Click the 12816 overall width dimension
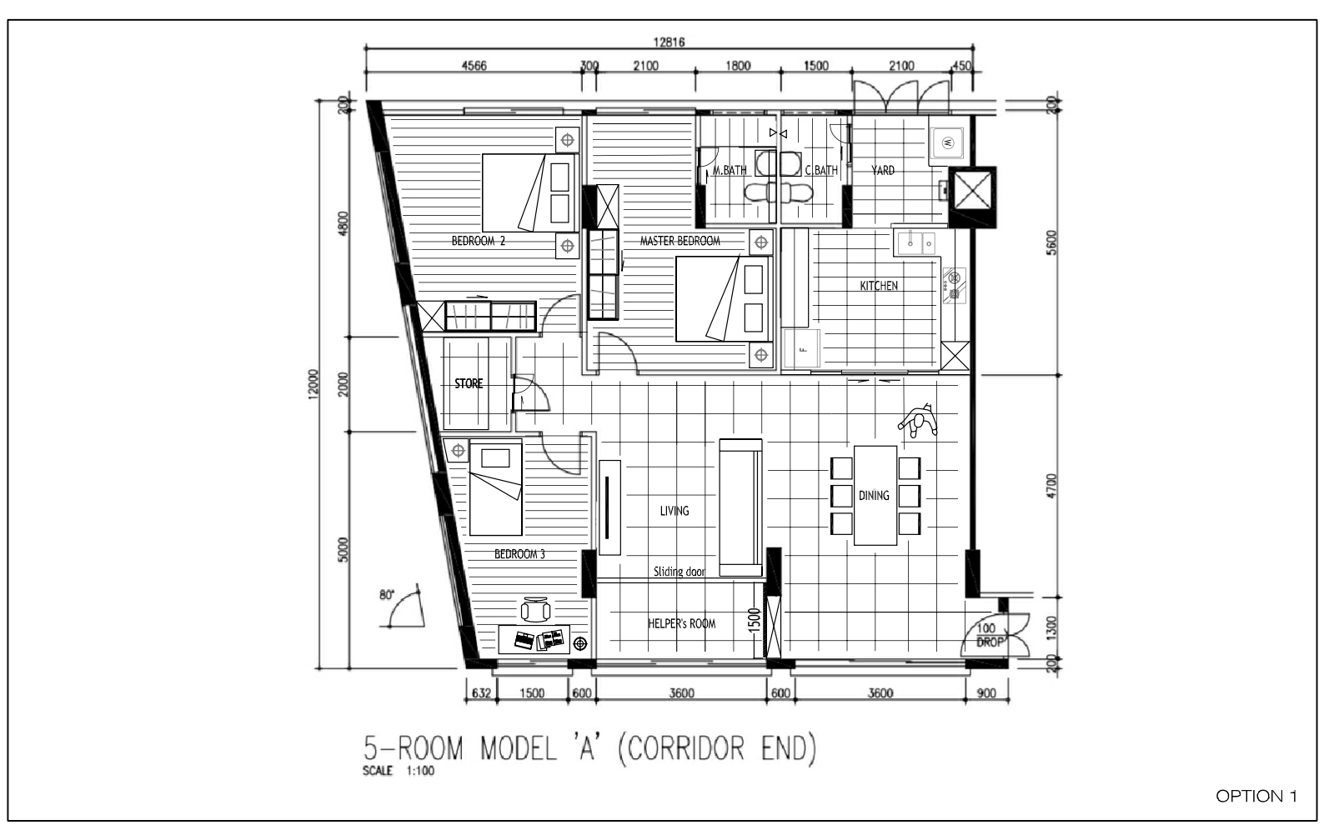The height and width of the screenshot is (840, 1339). tap(669, 42)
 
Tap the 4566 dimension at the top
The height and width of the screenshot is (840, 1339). tap(474, 66)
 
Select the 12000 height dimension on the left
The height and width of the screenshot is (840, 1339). tap(313, 384)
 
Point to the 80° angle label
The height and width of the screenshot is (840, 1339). tap(387, 595)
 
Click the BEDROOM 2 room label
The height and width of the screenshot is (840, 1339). tap(479, 241)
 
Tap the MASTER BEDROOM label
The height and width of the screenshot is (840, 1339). tap(680, 241)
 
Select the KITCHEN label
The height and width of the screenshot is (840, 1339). tap(878, 286)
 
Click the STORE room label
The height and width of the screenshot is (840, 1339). tap(469, 383)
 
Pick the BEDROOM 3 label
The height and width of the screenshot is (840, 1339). tap(519, 554)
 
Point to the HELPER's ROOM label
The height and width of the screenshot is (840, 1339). tap(681, 623)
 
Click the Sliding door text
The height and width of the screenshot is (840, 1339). tap(679, 572)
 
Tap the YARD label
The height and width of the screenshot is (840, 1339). tap(882, 170)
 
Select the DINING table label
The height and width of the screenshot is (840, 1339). tap(873, 495)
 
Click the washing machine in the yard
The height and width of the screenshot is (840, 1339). tap(947, 142)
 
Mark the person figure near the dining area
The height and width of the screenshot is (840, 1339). tap(918, 421)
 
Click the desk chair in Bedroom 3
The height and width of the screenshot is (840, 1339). tap(535, 610)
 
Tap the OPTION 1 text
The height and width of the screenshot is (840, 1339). tap(1256, 796)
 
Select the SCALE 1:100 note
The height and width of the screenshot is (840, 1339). tap(398, 771)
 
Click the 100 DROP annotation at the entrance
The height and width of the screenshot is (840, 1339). tap(989, 635)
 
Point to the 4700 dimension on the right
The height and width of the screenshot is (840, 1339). tap(1051, 486)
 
